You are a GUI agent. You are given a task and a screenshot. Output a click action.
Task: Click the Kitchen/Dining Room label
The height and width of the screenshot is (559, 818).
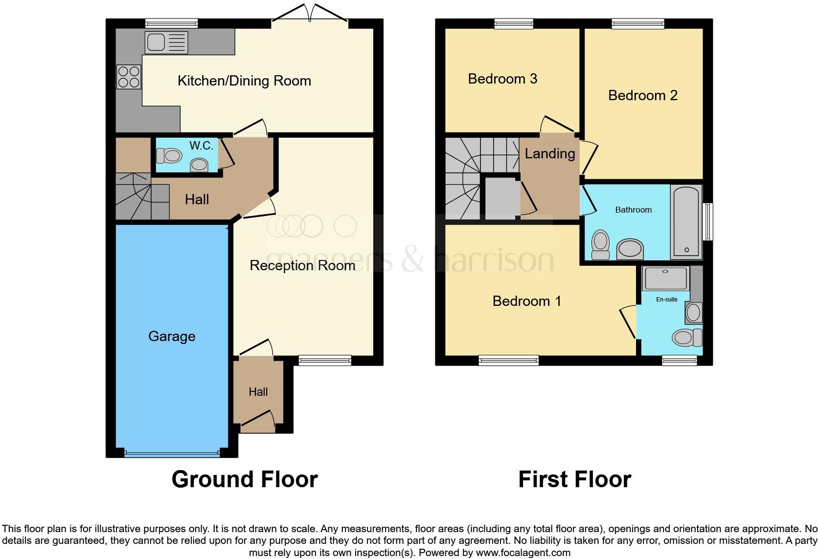coord(244,81)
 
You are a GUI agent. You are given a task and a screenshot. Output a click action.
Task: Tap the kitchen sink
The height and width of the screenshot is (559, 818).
coord(166,43)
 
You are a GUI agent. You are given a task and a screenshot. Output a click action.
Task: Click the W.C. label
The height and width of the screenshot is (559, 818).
coord(201,146)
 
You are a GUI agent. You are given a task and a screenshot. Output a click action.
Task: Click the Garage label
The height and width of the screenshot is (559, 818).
coord(172,336)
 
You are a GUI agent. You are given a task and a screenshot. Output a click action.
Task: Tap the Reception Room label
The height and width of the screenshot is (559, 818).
coord(302,265)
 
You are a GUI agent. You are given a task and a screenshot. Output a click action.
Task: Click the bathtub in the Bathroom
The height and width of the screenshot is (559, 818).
coord(687,222)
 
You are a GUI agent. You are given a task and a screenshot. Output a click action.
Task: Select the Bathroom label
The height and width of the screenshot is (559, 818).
coord(633,210)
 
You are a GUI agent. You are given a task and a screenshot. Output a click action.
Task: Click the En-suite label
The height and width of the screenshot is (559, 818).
coord(667,299)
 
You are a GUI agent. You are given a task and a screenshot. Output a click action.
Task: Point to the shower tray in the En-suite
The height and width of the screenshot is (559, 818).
coord(665,279)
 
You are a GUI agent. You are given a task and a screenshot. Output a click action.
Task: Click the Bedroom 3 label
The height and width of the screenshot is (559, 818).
coord(502,79)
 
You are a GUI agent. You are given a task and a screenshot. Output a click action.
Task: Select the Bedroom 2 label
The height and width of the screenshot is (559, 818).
coord(642,95)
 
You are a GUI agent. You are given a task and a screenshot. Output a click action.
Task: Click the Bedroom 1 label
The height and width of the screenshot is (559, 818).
coord(526,301)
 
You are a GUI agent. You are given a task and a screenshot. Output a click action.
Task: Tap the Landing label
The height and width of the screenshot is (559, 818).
coord(549,153)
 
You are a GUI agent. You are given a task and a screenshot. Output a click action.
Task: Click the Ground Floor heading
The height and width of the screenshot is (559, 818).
coord(245,479)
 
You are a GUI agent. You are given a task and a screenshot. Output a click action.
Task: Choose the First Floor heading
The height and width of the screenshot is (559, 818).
coord(574,479)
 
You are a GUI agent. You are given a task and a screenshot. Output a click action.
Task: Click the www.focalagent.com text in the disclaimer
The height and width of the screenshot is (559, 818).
coord(523,553)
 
